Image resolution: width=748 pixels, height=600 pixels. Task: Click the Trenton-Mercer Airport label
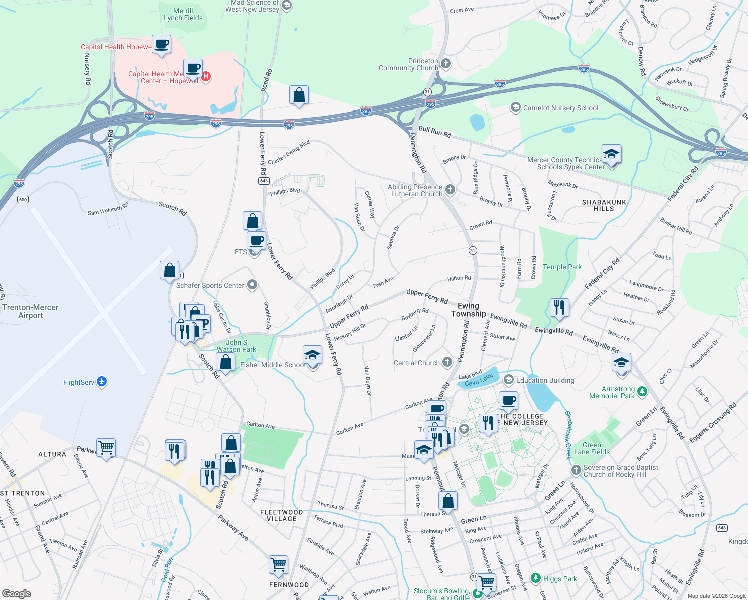(30, 311)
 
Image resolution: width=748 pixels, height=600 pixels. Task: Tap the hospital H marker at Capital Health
(206, 76)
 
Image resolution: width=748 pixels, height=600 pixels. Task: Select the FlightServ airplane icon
(102, 382)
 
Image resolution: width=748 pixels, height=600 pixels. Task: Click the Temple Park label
(562, 267)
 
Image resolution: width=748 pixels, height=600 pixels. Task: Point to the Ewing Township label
(468, 310)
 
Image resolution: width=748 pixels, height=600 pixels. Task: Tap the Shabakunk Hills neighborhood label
(604, 205)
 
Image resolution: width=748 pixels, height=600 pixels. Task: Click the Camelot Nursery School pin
(515, 107)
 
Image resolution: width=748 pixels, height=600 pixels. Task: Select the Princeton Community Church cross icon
(446, 64)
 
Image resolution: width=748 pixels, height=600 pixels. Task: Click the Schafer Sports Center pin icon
(252, 285)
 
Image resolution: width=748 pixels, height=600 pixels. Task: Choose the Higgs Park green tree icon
(536, 578)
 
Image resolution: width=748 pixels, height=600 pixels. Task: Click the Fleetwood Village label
(282, 515)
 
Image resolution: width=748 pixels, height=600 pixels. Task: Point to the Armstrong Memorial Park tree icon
(642, 391)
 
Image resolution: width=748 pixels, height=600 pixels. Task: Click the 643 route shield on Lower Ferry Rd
(264, 181)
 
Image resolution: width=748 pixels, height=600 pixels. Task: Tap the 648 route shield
(722, 528)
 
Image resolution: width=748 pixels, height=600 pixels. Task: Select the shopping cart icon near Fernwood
(278, 565)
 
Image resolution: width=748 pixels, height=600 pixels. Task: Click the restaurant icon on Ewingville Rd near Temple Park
(559, 307)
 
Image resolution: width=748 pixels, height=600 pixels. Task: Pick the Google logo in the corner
(16, 594)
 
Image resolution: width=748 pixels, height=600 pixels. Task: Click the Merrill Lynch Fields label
(183, 14)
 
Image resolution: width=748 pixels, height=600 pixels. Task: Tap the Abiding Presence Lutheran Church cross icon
(450, 189)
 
